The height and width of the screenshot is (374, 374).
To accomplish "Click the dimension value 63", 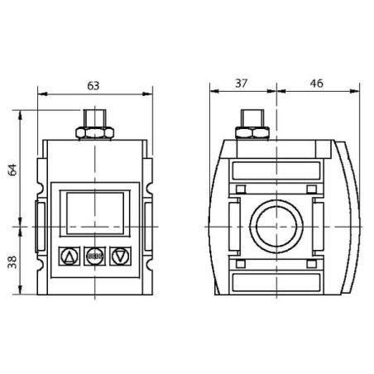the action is [93, 86].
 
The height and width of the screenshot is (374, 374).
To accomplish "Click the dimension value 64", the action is [12, 170].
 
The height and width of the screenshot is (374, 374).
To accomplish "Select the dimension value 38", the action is [12, 262].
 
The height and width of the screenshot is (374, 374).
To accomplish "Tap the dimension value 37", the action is [242, 83].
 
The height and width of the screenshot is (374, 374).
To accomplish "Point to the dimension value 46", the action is [316, 83].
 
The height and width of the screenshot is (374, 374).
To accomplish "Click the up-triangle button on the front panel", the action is [70, 257].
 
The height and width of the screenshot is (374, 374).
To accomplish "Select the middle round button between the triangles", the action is [94, 257].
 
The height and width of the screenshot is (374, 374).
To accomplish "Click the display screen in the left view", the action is [95, 213].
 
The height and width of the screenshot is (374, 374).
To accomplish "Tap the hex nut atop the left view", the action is [95, 133].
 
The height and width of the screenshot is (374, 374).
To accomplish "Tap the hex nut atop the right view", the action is [252, 132].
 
